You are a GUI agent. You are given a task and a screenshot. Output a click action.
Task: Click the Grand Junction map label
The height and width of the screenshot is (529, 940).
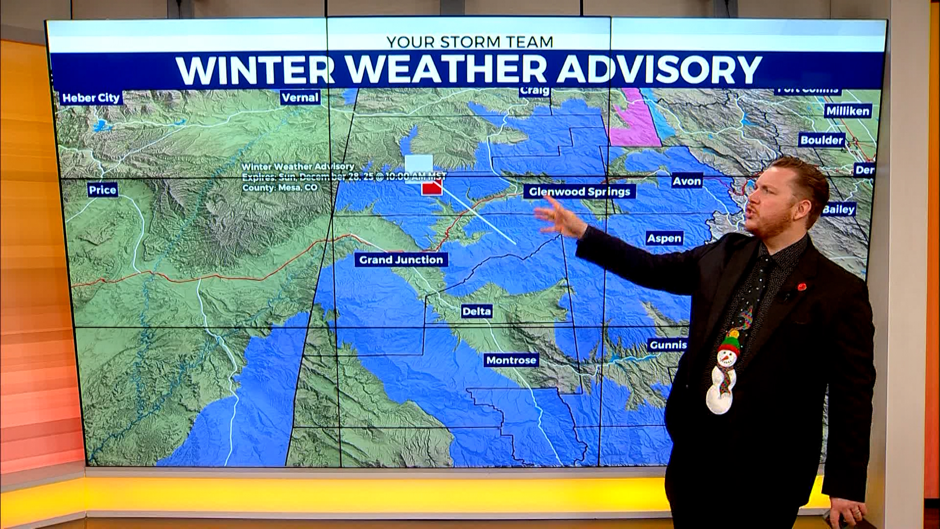[x=401, y=260]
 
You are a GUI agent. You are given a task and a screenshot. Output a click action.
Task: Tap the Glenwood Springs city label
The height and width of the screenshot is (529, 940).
[x=580, y=192]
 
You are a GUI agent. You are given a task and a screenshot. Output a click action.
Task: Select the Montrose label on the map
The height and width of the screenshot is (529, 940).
[x=511, y=361]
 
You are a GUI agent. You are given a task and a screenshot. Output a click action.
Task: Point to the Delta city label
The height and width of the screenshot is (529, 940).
[x=476, y=311]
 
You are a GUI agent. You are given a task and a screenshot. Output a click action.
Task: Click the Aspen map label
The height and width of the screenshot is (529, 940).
[x=664, y=239]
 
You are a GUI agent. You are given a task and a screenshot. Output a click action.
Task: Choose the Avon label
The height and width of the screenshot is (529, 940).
[x=686, y=181]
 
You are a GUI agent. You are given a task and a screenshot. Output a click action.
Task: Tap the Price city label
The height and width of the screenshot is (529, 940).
[x=102, y=190]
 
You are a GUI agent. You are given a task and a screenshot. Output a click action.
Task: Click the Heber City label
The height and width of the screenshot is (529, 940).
[x=91, y=98]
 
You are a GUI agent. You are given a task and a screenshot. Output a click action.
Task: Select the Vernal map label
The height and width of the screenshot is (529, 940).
[x=300, y=97]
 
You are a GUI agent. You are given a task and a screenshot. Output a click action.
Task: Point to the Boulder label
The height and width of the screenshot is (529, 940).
[x=822, y=140]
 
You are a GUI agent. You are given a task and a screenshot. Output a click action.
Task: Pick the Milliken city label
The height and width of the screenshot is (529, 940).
[x=847, y=111]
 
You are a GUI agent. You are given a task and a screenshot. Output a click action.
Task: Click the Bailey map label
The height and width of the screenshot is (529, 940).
[x=839, y=210]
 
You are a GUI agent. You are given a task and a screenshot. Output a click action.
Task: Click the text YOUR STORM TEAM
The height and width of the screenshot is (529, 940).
[x=470, y=42]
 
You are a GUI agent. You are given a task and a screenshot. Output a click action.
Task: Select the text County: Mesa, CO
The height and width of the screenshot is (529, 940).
[x=280, y=188]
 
